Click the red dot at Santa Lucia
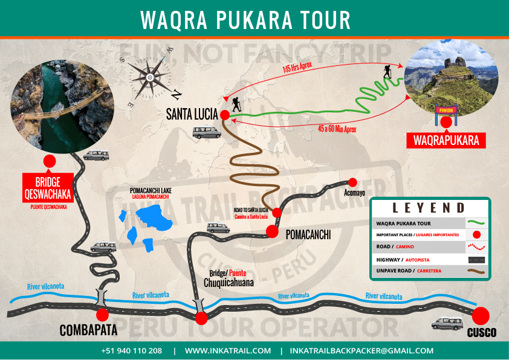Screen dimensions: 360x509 [224, 115]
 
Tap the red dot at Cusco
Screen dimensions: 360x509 [481, 315]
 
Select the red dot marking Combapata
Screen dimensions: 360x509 [102, 315]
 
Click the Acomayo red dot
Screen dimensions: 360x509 [353, 182]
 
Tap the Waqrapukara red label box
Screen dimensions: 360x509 [446, 141]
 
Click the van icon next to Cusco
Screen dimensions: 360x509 [447, 324]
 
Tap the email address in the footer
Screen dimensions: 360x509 [361, 350]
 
